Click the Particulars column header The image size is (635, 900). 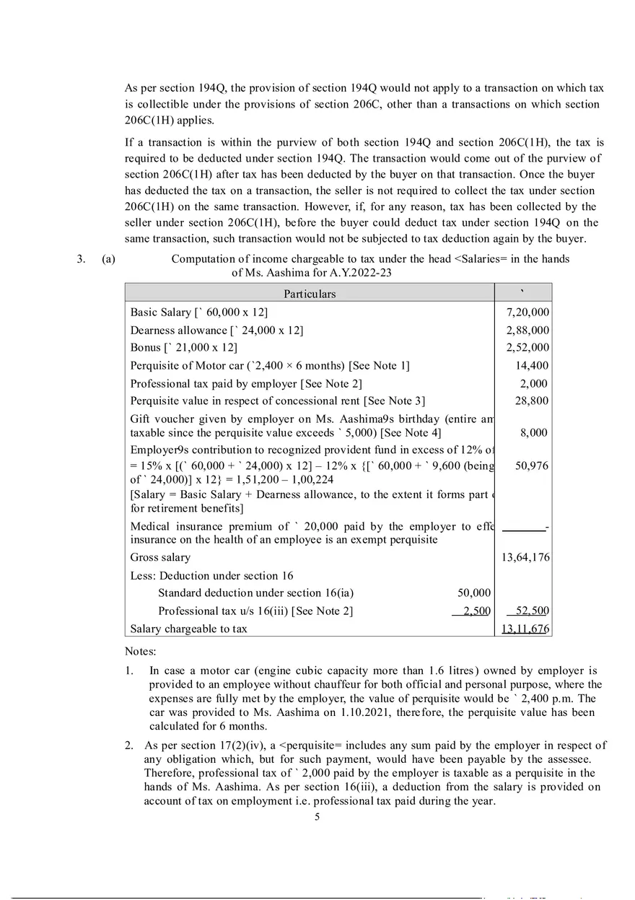[309, 294]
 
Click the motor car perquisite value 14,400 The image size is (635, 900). [533, 366]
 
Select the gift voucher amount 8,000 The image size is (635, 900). [535, 433]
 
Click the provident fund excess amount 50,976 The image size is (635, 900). [533, 466]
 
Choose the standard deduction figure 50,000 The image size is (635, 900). [474, 593]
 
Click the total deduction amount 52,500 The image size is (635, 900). [533, 611]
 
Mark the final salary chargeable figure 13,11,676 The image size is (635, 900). [525, 629]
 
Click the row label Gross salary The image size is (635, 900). [160, 557]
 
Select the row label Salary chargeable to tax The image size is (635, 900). [188, 629]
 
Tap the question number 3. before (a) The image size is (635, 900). [82, 259]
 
